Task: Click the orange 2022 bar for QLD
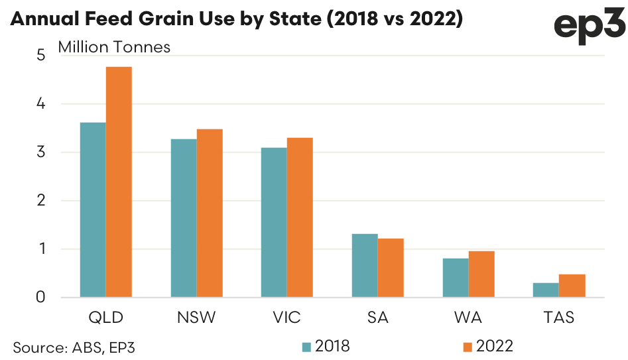point(119,182)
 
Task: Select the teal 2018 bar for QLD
point(93,210)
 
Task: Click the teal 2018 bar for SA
point(365,265)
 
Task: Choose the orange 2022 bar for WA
point(481,274)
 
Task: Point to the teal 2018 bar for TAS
point(546,290)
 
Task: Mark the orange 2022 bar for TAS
point(572,286)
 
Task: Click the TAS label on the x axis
point(558,318)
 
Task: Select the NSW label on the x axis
point(196,318)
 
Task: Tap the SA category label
point(377,318)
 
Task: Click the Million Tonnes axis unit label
point(114,47)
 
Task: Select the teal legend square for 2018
point(306,346)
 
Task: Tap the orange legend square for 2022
point(467,346)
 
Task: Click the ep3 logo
point(588,27)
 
